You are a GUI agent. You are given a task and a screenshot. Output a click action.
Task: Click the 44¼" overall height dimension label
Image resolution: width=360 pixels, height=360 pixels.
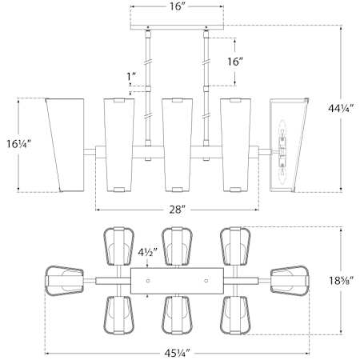point(341,109)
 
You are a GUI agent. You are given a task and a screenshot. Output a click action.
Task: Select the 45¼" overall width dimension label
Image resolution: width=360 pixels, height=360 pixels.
point(177,354)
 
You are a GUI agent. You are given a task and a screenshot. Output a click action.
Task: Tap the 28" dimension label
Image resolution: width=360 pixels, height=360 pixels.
point(178,210)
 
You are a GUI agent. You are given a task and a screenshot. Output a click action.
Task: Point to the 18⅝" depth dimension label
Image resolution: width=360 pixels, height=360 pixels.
point(341,280)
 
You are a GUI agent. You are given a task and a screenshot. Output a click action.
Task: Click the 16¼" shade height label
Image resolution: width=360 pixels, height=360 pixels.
point(18,144)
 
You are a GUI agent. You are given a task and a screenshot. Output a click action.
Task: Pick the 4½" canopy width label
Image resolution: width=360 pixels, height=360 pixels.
point(147,253)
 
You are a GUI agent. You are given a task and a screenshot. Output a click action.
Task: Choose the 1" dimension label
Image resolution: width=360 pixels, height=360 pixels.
point(131,77)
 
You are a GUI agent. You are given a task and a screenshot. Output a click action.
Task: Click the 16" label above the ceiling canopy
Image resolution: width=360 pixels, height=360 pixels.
point(178,6)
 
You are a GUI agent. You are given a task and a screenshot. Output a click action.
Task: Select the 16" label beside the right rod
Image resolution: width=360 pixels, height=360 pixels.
point(235,62)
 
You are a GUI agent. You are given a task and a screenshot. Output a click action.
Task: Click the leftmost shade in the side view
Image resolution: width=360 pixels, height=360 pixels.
point(66,145)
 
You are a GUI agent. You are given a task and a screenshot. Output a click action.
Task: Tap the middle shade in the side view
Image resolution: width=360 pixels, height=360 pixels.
point(177,145)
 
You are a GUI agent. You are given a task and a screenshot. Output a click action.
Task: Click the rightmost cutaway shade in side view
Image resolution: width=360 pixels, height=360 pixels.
point(289,145)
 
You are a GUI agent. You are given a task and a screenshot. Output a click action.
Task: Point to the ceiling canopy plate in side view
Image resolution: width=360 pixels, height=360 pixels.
point(177,27)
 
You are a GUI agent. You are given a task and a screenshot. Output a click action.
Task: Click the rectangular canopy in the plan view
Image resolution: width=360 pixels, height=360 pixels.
point(177,281)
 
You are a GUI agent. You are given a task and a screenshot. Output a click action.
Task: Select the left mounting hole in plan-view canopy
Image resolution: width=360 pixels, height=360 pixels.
point(148,281)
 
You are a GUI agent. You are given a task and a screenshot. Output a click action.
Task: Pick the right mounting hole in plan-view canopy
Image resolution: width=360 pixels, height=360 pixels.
point(206,281)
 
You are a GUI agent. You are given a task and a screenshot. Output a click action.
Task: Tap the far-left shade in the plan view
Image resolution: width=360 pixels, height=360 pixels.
point(65,281)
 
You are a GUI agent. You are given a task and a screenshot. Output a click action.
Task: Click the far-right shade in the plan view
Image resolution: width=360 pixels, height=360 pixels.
point(290,281)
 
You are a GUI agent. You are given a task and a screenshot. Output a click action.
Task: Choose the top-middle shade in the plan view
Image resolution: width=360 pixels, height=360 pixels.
point(177,246)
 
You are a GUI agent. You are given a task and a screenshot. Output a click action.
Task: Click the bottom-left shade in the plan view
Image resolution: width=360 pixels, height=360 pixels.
point(118,315)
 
